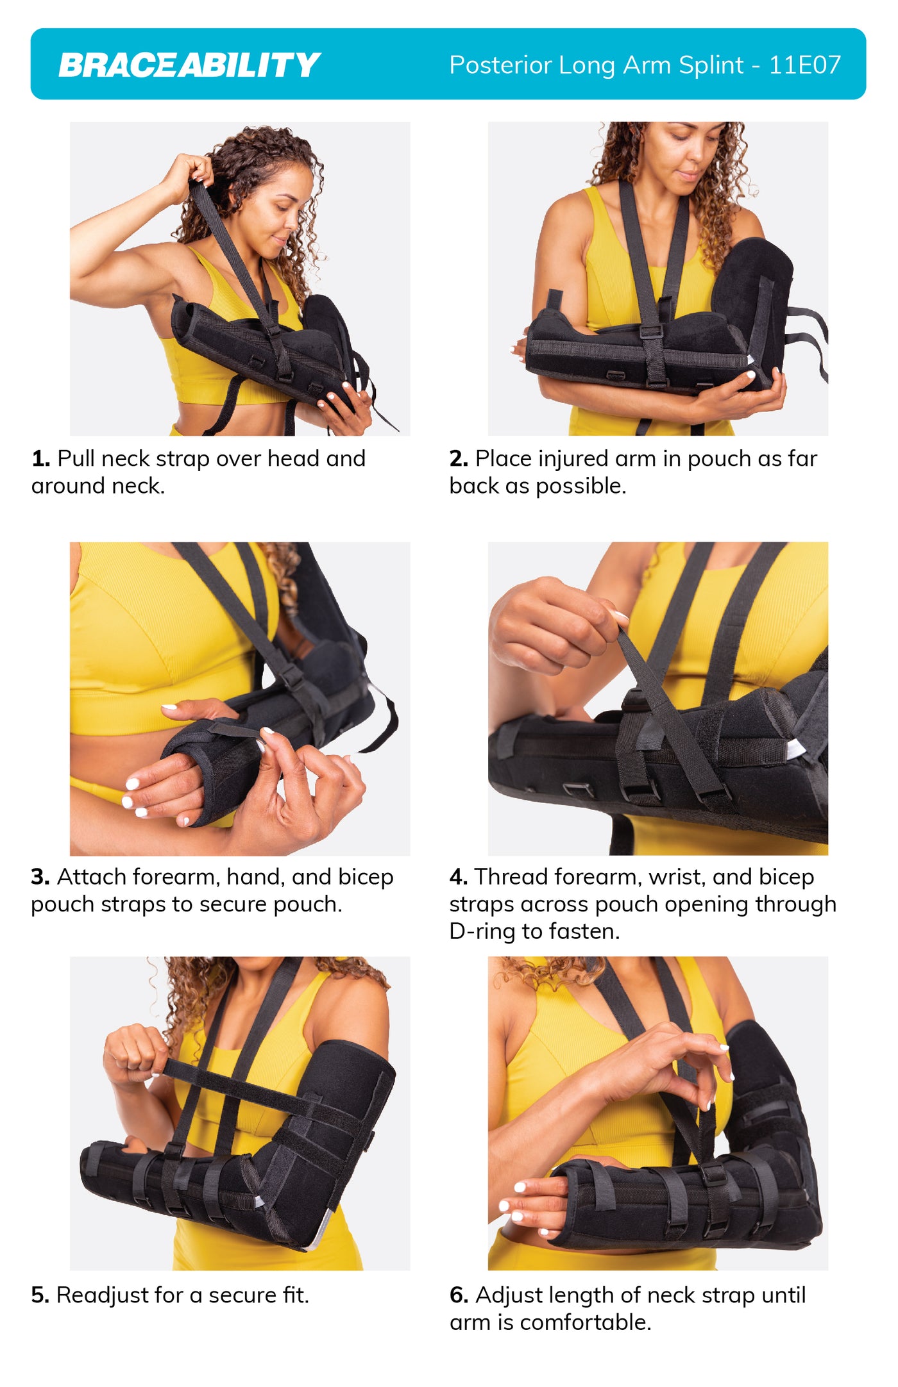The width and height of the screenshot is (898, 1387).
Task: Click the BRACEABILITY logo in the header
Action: (189, 65)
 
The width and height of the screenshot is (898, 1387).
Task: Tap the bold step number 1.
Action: (40, 459)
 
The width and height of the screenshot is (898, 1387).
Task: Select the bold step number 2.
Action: (458, 459)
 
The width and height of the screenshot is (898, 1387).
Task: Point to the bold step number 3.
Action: (40, 877)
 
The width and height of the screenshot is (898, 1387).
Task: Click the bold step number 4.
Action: (458, 877)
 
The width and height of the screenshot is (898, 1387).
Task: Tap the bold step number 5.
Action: (40, 1295)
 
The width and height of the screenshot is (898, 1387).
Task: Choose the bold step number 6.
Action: (458, 1295)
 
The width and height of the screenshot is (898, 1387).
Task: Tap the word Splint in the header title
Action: (711, 65)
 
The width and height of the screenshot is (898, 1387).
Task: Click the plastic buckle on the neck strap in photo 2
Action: (652, 331)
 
